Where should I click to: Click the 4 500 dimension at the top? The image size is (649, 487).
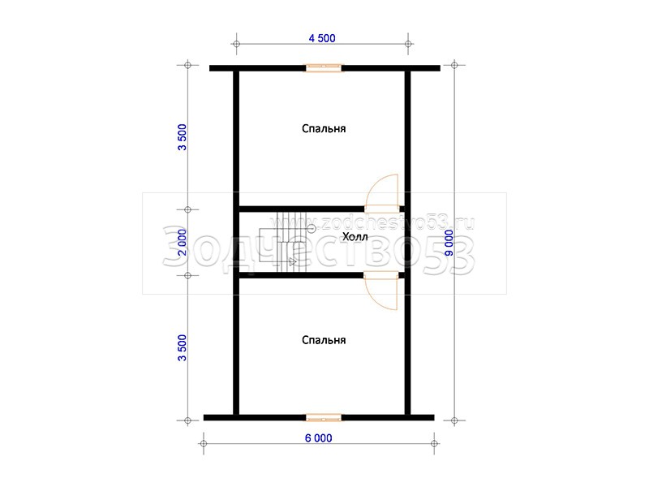[322, 38]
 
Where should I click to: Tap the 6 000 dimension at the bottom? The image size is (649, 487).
[318, 437]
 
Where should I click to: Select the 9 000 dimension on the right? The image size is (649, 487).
[449, 243]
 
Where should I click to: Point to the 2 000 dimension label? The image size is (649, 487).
[182, 243]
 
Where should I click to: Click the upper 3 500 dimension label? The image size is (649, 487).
[182, 137]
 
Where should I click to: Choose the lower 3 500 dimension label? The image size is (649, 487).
[182, 348]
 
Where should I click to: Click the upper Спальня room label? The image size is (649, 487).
[324, 128]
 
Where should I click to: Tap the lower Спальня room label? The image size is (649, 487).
[324, 340]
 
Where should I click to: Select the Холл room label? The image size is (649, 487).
[355, 237]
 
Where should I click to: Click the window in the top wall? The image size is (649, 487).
[324, 68]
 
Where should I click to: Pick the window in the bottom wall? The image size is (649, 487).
[324, 417]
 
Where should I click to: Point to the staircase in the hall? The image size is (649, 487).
[283, 243]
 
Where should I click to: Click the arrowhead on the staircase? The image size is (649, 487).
[293, 261]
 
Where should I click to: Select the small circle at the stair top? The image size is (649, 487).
[312, 228]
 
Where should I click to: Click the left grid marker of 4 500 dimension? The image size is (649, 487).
[236, 44]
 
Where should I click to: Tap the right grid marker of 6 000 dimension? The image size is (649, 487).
[434, 443]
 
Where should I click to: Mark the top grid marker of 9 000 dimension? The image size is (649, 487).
[454, 65]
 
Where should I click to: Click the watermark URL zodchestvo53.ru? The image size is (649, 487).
[392, 224]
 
